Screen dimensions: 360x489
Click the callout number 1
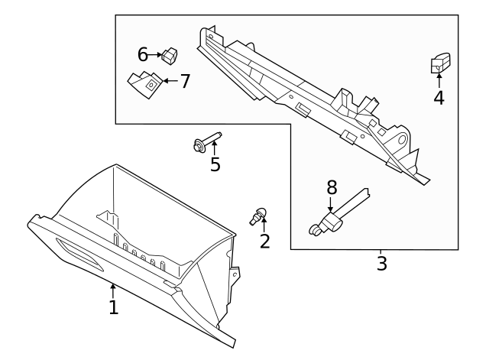[113, 307]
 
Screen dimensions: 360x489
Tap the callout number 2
[265, 242]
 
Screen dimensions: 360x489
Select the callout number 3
[381, 264]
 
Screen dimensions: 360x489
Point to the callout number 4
[439, 98]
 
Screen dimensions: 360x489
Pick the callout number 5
[215, 164]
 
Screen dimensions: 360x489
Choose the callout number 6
[142, 54]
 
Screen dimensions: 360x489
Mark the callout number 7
[184, 80]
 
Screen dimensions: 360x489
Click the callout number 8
[331, 186]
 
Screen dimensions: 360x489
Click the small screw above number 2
[259, 216]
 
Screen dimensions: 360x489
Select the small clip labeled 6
[170, 54]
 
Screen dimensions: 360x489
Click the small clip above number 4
[439, 64]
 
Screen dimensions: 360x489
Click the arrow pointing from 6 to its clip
[155, 54]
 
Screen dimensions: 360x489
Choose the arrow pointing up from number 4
[439, 81]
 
